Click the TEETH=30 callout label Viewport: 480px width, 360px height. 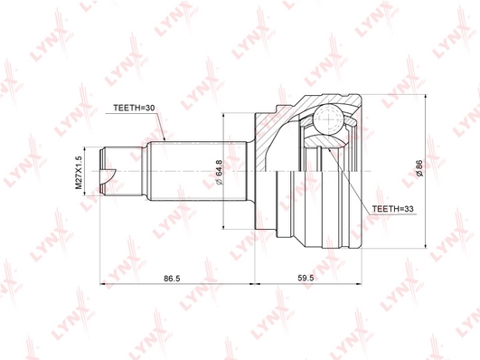[134, 109]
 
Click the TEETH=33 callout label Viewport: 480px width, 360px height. [392, 209]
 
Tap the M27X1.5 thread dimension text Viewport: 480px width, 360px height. [79, 172]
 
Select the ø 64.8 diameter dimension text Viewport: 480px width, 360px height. [220, 172]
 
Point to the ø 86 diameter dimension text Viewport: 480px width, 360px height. [419, 168]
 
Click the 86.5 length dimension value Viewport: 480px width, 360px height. [172, 279]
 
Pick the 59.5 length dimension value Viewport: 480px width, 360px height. [306, 279]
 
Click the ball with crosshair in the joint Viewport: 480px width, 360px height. [327, 118]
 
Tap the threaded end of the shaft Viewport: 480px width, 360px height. [122, 171]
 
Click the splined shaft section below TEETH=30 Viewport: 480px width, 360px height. [198, 171]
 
